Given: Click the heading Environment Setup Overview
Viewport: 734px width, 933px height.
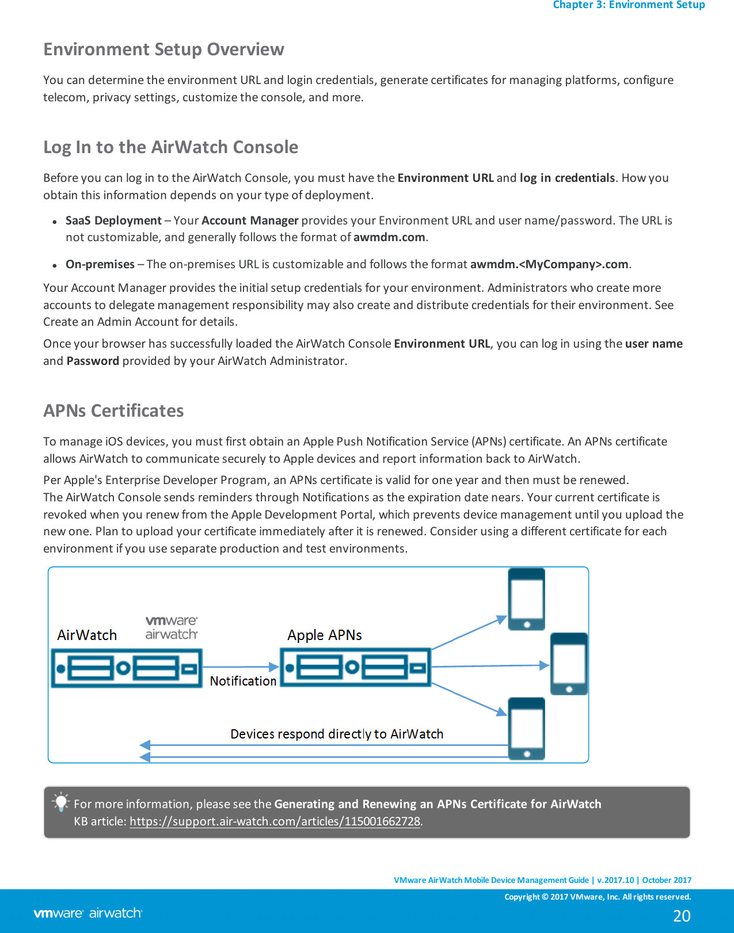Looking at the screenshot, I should pos(163,49).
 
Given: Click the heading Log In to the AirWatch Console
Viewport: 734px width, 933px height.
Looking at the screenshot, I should pos(170,147).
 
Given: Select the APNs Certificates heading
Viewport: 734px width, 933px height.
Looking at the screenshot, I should pos(113,411).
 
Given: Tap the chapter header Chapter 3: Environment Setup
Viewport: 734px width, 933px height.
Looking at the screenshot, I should pos(629,5).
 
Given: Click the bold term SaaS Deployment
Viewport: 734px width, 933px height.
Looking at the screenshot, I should pos(113,220).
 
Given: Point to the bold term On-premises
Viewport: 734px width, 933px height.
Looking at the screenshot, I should pos(100,264).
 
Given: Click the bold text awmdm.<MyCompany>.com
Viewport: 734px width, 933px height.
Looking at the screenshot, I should pos(549,264).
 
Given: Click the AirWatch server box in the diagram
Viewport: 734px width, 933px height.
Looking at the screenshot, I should pos(127,668).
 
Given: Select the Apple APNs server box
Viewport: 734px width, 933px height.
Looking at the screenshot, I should pos(355,668).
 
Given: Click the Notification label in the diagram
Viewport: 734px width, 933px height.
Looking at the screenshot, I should pos(243,681).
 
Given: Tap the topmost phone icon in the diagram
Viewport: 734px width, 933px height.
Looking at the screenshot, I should pos(526,599).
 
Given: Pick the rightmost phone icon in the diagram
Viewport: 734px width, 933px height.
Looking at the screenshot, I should pos(569,664).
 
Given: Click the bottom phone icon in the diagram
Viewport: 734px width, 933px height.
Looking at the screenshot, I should pos(526,729).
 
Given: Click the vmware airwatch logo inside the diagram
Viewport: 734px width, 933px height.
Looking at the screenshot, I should pos(171,628).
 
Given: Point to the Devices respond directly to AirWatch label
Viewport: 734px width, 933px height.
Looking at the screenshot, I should pos(337,734).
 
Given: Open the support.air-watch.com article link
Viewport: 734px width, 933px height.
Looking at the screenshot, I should pos(275,822).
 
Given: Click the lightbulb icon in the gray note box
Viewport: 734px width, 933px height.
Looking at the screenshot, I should pos(60,802).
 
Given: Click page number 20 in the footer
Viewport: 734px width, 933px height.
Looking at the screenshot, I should pos(682,916).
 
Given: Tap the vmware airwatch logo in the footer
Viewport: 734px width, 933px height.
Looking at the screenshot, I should pos(88,913).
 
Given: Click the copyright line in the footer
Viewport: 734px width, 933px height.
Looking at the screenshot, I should pos(597,897).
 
